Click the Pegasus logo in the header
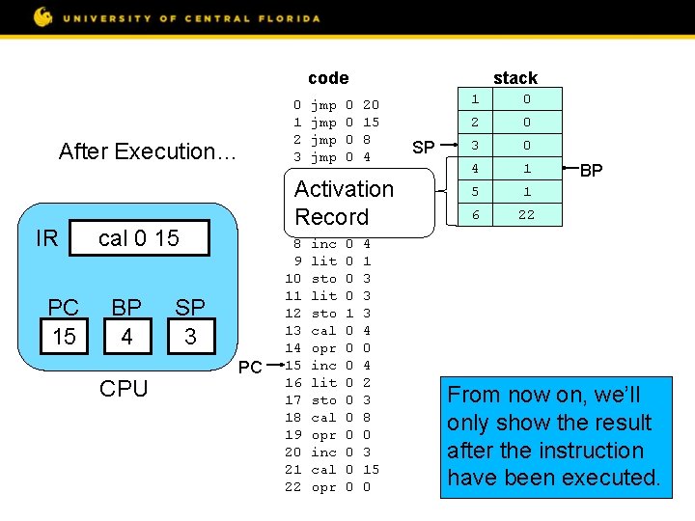[x=43, y=16]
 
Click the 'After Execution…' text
[x=147, y=151]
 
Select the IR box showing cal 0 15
[x=139, y=238]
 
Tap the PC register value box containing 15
[x=64, y=337]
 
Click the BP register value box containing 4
[x=126, y=337]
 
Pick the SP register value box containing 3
[x=189, y=337]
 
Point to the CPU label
[x=124, y=389]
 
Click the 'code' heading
[x=328, y=78]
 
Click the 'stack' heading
[x=514, y=78]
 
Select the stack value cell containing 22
[x=526, y=215]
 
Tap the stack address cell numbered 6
[x=474, y=215]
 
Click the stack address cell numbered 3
[x=474, y=146]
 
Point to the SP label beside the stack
[x=423, y=148]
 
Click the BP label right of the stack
[x=591, y=171]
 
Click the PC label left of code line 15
[x=250, y=367]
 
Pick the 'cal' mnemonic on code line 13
[x=323, y=331]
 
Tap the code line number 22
[x=293, y=487]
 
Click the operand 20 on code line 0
[x=371, y=104]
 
